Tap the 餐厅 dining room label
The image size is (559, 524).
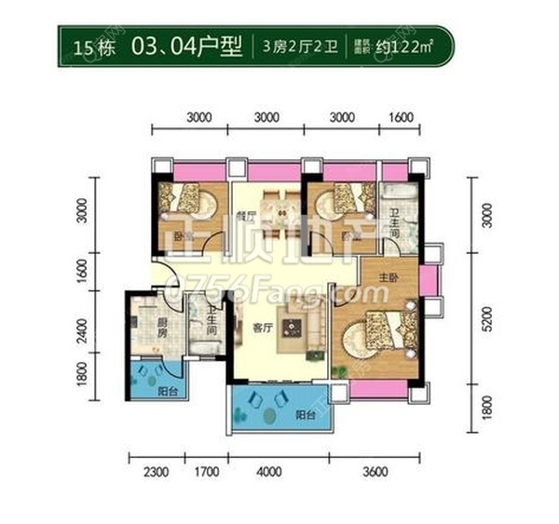246,215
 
